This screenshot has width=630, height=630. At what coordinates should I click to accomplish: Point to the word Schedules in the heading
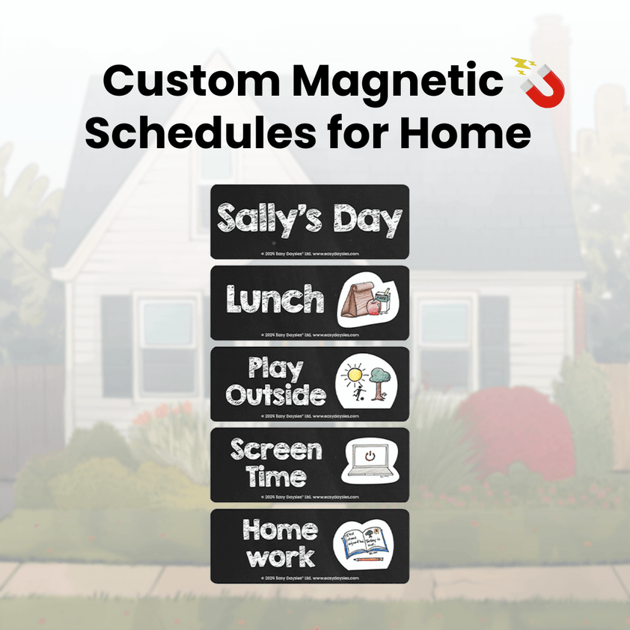click(x=192, y=135)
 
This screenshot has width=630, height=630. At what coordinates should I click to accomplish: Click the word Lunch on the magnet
click(x=275, y=300)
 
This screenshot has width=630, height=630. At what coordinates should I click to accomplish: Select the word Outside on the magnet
click(x=275, y=394)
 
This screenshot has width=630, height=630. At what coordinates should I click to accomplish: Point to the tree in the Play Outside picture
click(x=379, y=381)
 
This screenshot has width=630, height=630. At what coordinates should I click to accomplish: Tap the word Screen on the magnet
click(x=276, y=450)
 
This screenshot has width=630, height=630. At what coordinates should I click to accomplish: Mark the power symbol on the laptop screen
click(x=370, y=455)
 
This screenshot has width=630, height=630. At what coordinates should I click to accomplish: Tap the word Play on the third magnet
click(x=275, y=368)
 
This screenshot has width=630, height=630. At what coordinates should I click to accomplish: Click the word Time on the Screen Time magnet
click(x=276, y=477)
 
